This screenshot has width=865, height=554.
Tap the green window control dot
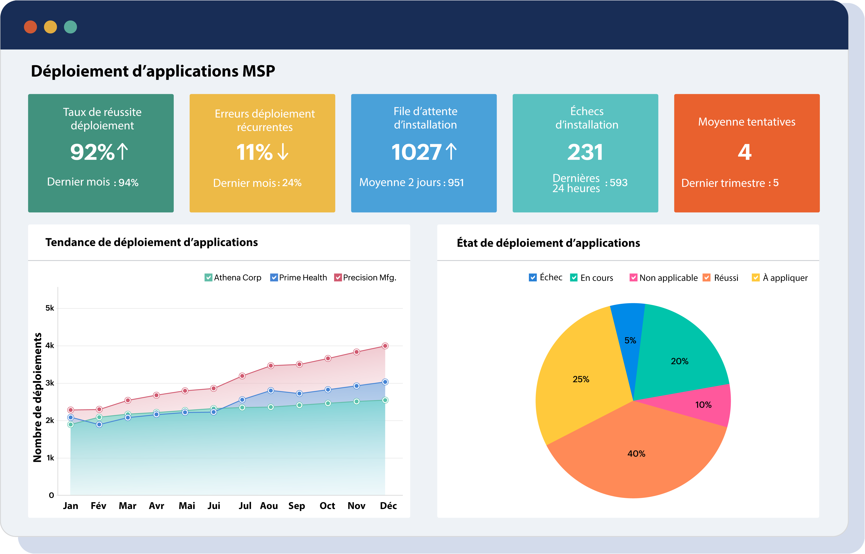(70, 27)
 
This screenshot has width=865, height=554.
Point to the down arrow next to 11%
(283, 152)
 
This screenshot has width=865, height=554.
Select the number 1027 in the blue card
(416, 152)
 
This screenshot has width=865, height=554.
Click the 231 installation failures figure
(585, 152)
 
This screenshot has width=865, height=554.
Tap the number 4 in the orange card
(745, 152)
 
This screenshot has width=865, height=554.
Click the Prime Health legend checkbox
(274, 278)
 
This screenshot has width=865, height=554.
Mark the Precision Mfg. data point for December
(385, 346)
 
